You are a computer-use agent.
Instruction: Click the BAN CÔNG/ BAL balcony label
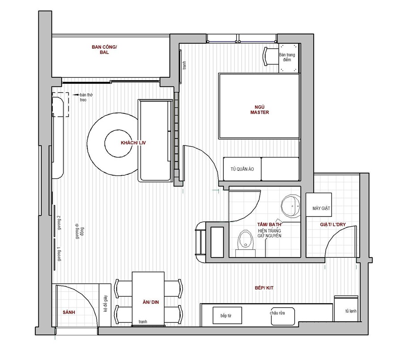(104, 50)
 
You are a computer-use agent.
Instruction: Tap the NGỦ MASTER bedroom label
(260, 110)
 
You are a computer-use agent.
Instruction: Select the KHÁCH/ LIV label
(133, 143)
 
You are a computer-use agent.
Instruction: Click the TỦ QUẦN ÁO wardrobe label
(242, 169)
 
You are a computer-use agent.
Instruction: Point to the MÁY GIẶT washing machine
(319, 205)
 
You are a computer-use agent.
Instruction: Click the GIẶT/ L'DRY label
(333, 225)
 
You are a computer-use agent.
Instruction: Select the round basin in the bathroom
(291, 206)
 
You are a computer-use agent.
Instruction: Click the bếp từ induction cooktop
(227, 315)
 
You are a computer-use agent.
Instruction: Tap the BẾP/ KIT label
(264, 288)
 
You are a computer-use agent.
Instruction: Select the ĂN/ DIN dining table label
(151, 302)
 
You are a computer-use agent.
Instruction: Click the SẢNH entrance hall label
(69, 312)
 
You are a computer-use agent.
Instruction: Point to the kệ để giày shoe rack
(105, 305)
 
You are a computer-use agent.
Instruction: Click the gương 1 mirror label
(59, 254)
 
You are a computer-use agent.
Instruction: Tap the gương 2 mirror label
(59, 223)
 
